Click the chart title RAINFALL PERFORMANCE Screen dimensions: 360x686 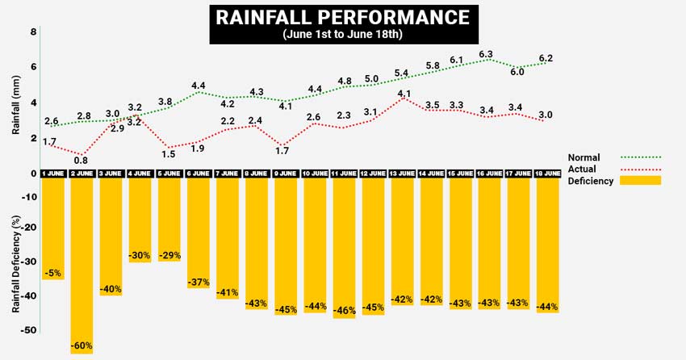click(342, 17)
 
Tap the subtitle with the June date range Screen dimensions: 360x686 click(342, 35)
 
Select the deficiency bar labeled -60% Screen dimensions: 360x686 click(82, 266)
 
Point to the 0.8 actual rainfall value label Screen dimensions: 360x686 click(81, 160)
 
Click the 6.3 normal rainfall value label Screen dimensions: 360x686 click(486, 54)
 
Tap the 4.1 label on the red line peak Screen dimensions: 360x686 click(404, 94)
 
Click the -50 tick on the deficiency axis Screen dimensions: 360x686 click(28, 330)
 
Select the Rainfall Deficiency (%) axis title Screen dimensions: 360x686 click(15, 264)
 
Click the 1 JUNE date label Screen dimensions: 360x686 click(52, 173)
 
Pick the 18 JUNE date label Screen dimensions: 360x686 click(546, 173)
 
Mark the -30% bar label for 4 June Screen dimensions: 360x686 click(140, 255)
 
